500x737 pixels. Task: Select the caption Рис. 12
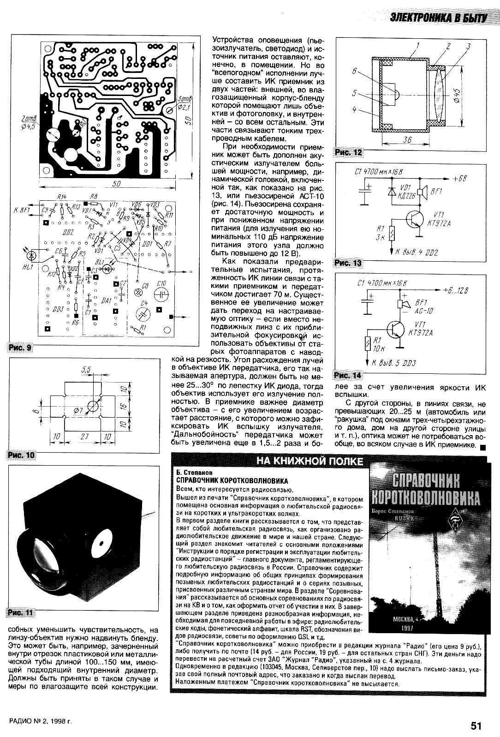[349, 153]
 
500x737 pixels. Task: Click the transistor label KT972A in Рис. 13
[442, 223]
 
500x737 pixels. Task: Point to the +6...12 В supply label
[456, 291]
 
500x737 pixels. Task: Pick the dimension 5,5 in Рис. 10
[85, 369]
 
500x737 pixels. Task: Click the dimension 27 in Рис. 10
[84, 436]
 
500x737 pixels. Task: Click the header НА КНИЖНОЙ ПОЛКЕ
[310, 461]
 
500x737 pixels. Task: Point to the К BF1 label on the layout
[21, 210]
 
